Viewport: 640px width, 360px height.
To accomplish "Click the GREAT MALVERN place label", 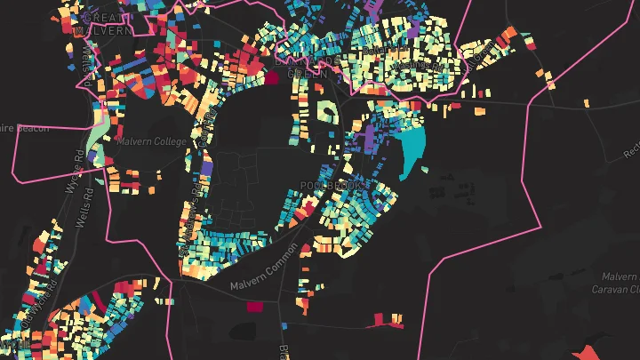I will click(105, 23).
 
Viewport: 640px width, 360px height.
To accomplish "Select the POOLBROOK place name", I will click(332, 186).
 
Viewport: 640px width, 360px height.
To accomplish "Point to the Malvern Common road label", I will click(267, 274).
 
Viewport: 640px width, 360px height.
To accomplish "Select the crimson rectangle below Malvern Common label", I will click(255, 307).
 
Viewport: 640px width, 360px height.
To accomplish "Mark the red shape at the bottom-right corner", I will click(590, 351).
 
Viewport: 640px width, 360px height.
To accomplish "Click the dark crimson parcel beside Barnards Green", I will click(271, 77).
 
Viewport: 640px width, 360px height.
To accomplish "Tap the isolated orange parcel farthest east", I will click(587, 103).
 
